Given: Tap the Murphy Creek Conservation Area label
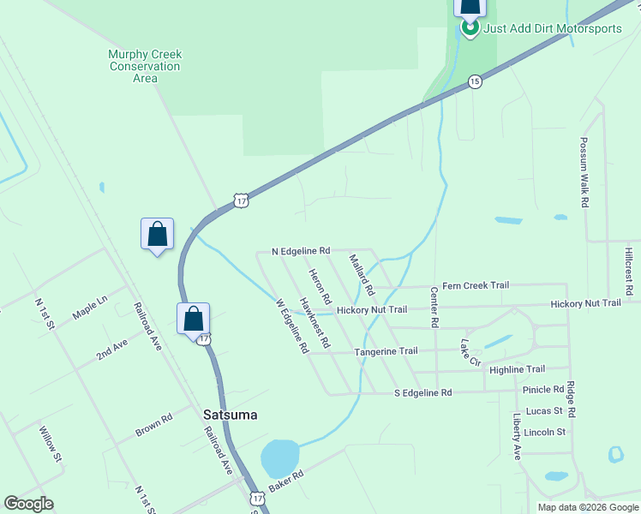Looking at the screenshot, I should point(145,66).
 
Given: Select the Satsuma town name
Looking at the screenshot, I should point(231,415).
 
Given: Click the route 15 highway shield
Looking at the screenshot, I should point(475,81).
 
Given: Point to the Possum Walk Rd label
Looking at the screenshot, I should point(585,172).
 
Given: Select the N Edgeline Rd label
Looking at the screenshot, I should point(301,251).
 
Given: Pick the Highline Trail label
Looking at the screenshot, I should point(517,369).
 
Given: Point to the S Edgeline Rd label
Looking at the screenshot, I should point(422,392).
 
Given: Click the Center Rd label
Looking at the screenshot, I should point(434,307).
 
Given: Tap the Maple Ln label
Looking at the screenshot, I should point(90,308).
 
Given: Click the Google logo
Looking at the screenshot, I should point(29,503).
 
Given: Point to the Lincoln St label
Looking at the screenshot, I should point(545,432).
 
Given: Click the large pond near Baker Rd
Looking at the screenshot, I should point(279,458).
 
